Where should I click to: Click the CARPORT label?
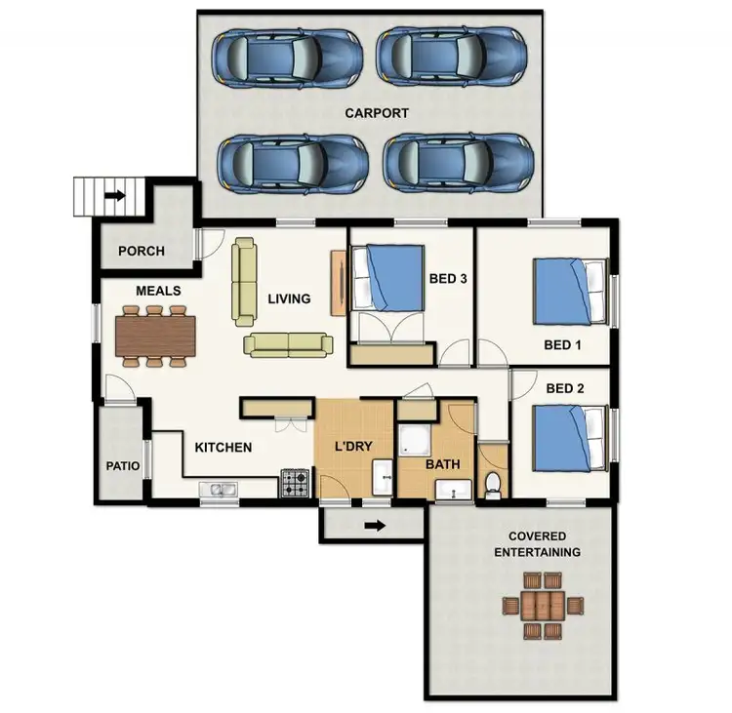(x=377, y=113)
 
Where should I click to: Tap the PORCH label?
(x=142, y=251)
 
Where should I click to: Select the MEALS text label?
(x=158, y=291)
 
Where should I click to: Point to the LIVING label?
(x=289, y=298)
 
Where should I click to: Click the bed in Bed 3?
(x=387, y=278)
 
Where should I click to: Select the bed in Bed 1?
(x=570, y=292)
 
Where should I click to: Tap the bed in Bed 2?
(x=570, y=438)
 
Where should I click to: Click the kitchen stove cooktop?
(x=296, y=482)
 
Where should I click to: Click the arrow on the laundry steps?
(x=374, y=527)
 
